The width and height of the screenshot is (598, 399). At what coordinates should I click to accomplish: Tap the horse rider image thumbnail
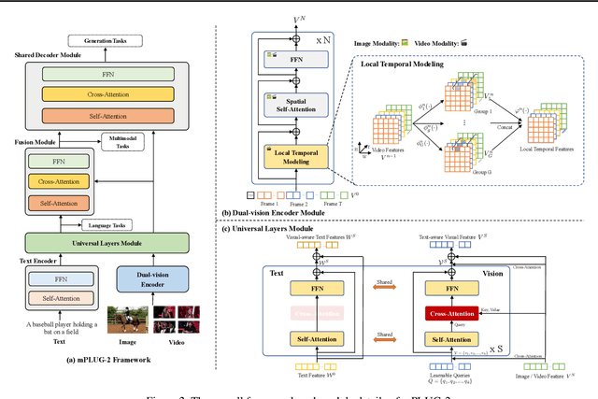click(x=126, y=320)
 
